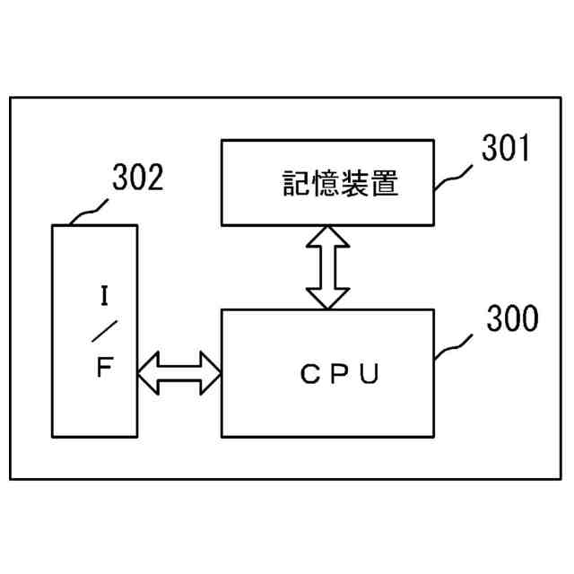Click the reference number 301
pyautogui.click(x=506, y=148)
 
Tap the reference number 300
pyautogui.click(x=512, y=319)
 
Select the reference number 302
pyautogui.click(x=137, y=179)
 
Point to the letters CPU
pyautogui.click(x=340, y=374)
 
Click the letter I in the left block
pyautogui.click(x=104, y=293)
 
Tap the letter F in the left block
pyautogui.click(x=104, y=368)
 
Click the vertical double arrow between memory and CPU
pyautogui.click(x=326, y=266)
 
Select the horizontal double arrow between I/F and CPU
pyautogui.click(x=179, y=372)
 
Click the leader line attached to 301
pyautogui.click(x=457, y=173)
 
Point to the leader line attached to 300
pyautogui.click(x=457, y=344)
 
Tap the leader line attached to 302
pyautogui.click(x=88, y=212)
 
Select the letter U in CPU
pyautogui.click(x=371, y=374)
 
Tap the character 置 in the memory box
pyautogui.click(x=383, y=185)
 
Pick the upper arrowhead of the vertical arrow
pyautogui.click(x=326, y=236)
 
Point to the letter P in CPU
pyautogui.click(x=340, y=374)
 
